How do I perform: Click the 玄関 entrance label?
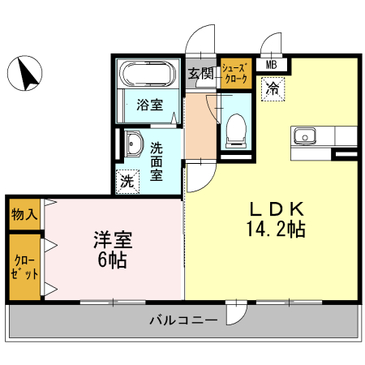[200, 75]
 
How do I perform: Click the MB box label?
[271, 65]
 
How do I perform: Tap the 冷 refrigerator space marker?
[273, 88]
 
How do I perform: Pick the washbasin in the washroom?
[133, 145]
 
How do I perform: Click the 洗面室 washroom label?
[157, 161]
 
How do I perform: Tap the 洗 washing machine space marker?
[127, 181]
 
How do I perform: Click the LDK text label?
[275, 208]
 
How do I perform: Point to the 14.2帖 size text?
[275, 229]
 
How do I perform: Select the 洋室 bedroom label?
[112, 240]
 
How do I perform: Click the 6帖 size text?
[112, 261]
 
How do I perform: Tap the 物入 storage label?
[24, 214]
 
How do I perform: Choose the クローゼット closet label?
[24, 268]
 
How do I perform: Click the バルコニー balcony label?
[182, 320]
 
